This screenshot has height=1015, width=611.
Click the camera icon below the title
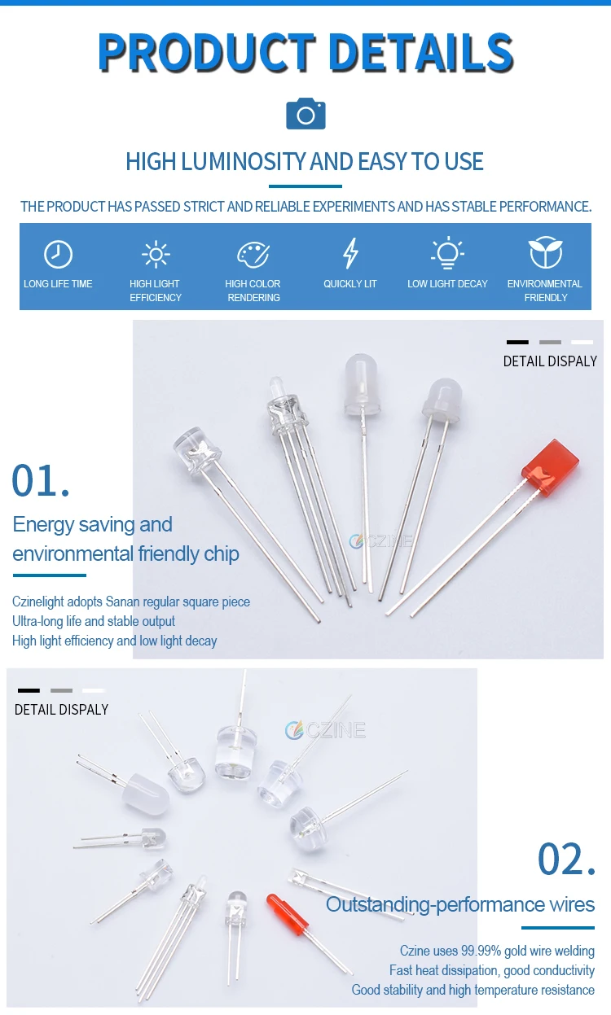coord(305,114)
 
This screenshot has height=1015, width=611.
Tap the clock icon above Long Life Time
coord(58,255)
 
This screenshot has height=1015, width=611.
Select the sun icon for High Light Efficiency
coord(155,254)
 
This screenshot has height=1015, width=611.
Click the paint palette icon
coord(253,255)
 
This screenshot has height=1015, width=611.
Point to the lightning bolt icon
coord(350,254)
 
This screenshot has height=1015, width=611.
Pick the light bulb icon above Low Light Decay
coord(447,253)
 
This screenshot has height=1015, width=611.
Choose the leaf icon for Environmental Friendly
coord(545,253)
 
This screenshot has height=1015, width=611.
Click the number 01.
coord(41,480)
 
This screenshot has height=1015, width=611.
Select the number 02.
coord(566,860)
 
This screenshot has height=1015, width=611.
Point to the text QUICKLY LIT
coord(350,284)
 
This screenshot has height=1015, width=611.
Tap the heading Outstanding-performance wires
coord(460,904)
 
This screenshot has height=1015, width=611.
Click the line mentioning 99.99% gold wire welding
coord(497,951)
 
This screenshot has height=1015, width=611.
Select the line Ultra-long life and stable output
coord(94,621)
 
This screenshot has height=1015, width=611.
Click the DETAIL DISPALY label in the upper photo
coord(550,361)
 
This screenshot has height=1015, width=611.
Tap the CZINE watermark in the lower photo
coord(326,730)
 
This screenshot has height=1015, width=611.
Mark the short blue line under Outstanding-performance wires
coord(558,927)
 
